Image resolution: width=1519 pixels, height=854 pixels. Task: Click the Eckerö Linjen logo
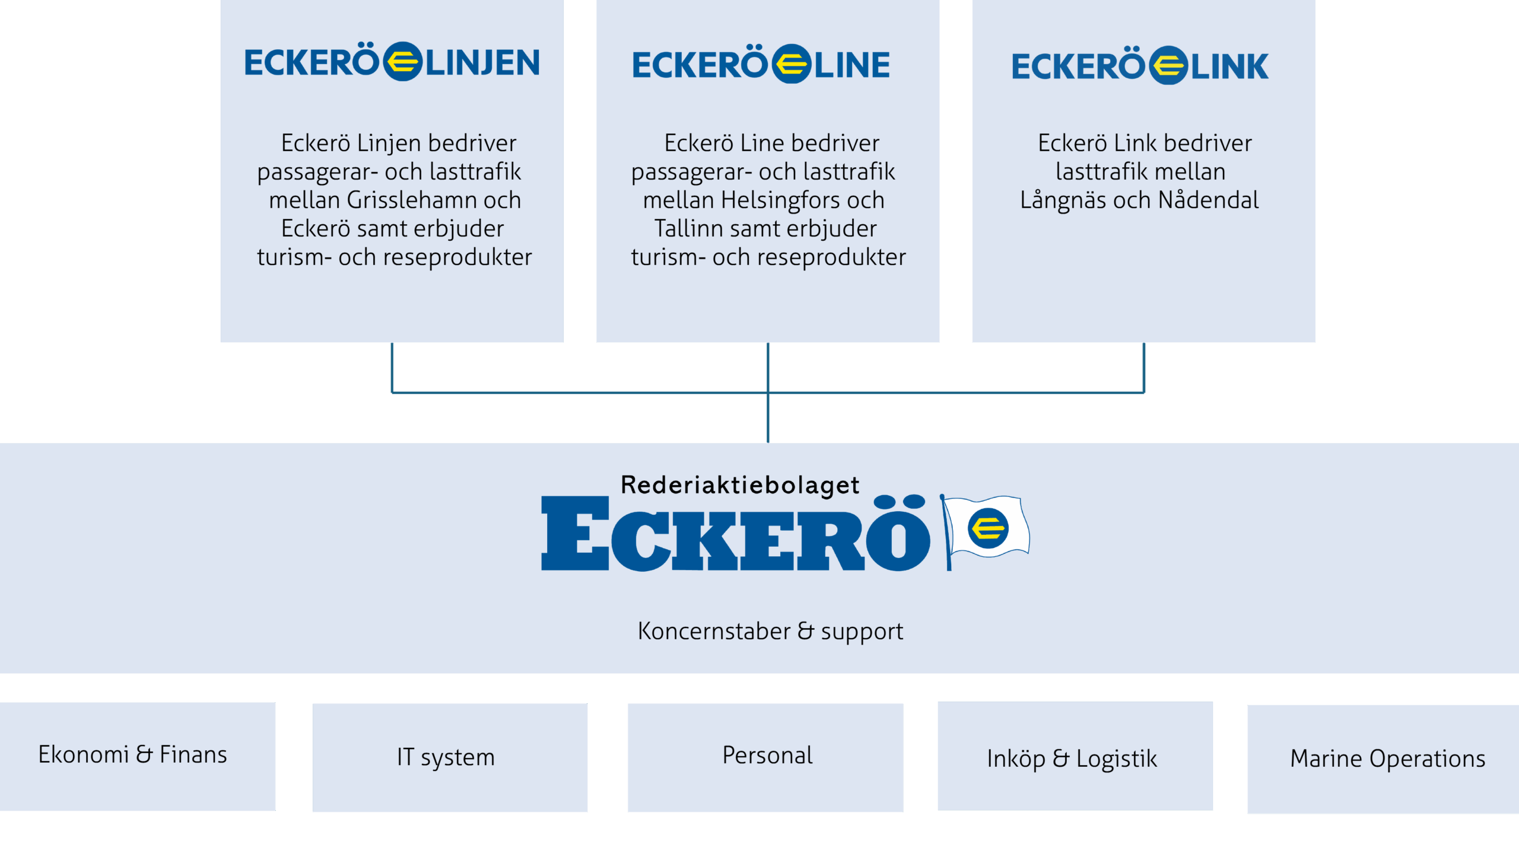[x=392, y=62]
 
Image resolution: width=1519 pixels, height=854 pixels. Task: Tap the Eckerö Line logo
[x=761, y=64]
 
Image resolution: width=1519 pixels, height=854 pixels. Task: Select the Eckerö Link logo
[x=1140, y=65]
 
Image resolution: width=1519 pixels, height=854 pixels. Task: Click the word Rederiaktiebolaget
[x=740, y=485]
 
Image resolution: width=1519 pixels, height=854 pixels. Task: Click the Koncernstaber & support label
[x=770, y=631]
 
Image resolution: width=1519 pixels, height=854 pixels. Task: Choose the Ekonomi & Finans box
[x=137, y=756]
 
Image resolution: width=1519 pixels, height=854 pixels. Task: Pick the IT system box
[x=449, y=757]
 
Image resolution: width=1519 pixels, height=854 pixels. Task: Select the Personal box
[x=765, y=757]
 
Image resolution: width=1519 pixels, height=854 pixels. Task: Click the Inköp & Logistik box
[x=1075, y=756]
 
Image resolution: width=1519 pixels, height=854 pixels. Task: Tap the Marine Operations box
[x=1383, y=759]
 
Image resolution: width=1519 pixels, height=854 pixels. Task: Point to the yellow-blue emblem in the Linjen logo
[x=402, y=62]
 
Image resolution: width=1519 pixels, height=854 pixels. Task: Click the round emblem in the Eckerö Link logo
[x=1168, y=65]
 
